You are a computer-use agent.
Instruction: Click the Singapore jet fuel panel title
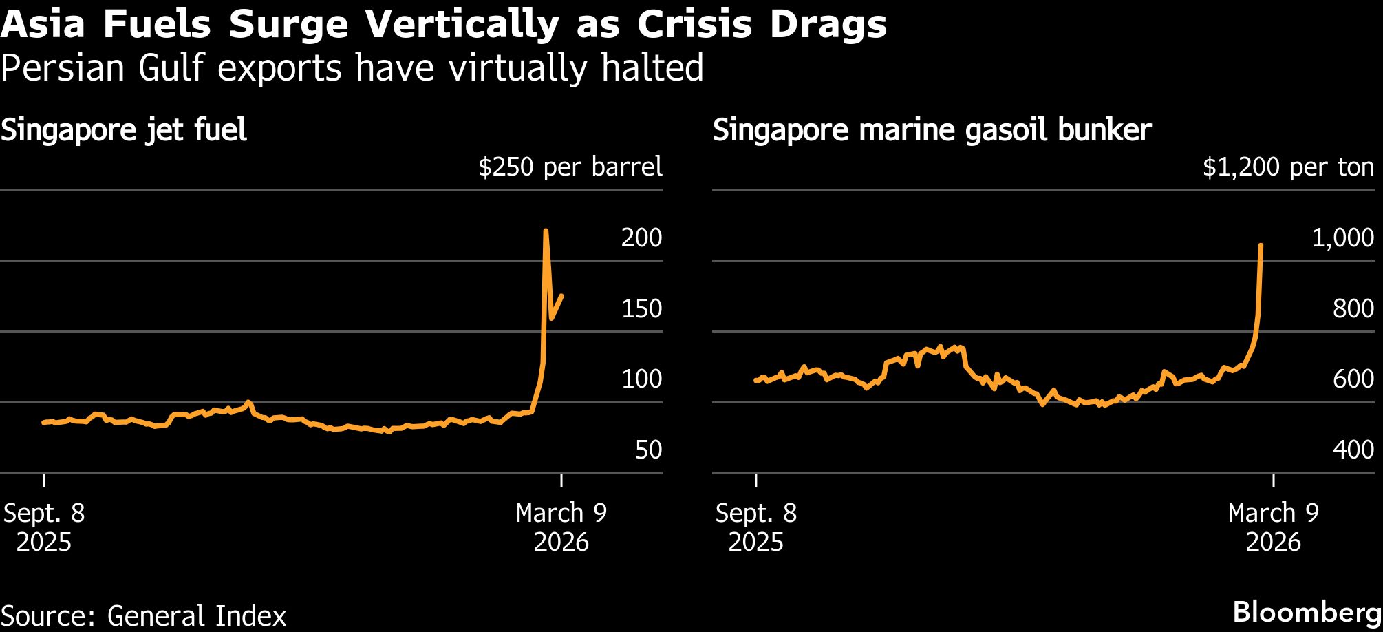(x=124, y=130)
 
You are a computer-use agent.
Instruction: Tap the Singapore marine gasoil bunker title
(x=932, y=130)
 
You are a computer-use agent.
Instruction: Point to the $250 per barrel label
(x=570, y=167)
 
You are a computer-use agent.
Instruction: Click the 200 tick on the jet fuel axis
(x=641, y=238)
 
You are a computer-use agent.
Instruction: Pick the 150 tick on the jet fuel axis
(x=641, y=308)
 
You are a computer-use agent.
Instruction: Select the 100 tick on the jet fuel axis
(x=641, y=379)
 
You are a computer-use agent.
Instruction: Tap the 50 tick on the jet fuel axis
(x=648, y=450)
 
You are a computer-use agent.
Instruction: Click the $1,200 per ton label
(x=1288, y=167)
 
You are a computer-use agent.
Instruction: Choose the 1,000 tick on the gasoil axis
(x=1342, y=238)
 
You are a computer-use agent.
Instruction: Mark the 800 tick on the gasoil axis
(x=1353, y=308)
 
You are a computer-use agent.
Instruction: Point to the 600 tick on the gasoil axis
(x=1353, y=379)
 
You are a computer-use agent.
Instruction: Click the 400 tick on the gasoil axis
(x=1353, y=450)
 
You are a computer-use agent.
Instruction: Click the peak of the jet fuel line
(x=546, y=231)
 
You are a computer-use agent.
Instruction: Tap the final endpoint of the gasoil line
(x=1261, y=245)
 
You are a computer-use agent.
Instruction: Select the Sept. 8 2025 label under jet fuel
(x=44, y=527)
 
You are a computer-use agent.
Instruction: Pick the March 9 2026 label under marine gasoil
(x=1273, y=527)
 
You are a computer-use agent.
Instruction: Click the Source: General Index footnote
(x=143, y=615)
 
